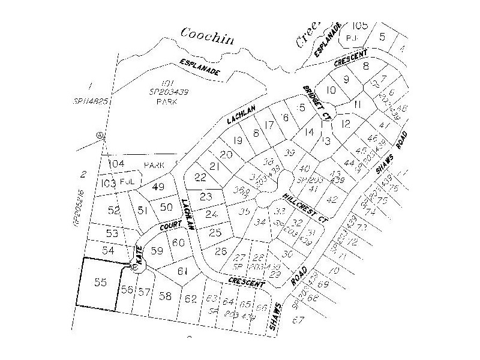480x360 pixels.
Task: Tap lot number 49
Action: tap(158, 187)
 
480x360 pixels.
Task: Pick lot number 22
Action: tap(200, 177)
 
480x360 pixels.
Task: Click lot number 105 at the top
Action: tap(359, 25)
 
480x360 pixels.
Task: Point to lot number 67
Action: tap(295, 320)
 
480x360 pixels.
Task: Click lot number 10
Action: tap(331, 91)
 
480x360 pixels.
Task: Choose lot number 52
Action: tap(114, 210)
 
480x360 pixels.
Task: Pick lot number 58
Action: tap(166, 296)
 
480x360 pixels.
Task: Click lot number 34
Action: tap(260, 223)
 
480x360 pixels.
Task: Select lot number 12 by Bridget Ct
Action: tap(345, 124)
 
